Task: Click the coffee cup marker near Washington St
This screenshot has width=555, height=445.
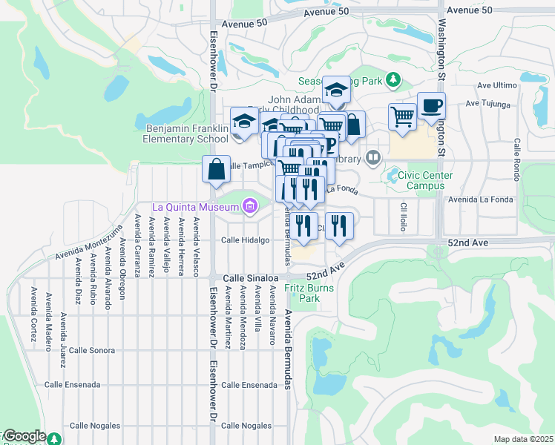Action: click(x=431, y=106)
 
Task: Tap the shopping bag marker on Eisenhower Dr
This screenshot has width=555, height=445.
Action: click(x=215, y=168)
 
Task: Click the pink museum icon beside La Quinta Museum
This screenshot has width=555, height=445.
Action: click(x=249, y=205)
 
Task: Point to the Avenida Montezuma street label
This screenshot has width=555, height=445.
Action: click(x=86, y=243)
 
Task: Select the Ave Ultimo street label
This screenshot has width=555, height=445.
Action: click(x=496, y=85)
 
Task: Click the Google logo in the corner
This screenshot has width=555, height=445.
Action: click(x=24, y=436)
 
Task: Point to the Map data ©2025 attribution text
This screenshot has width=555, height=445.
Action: click(x=523, y=439)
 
